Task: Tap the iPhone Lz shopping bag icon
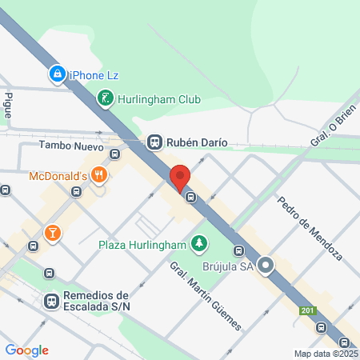[x=57, y=74]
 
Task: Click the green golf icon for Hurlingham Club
[x=105, y=98]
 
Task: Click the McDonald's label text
[x=58, y=175]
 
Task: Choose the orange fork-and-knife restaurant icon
[x=99, y=174]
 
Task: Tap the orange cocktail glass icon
[x=52, y=233]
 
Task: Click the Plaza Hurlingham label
[x=142, y=244]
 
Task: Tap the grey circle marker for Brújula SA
[x=266, y=266]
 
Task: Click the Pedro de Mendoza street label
[x=310, y=227]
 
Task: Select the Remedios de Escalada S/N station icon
[x=51, y=301]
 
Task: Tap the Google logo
[x=26, y=350]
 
